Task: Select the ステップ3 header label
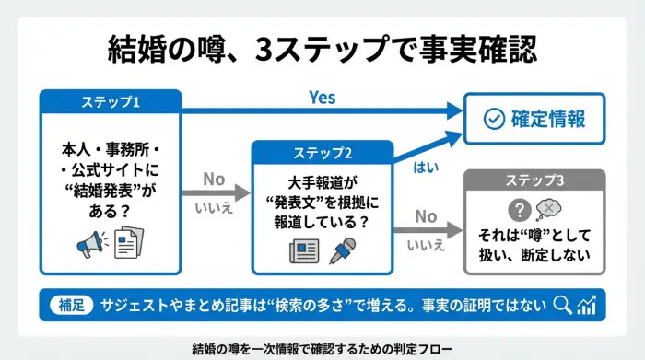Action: click(534, 180)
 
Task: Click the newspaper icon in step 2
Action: click(303, 250)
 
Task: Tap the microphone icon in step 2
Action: click(344, 250)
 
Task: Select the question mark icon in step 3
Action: click(519, 207)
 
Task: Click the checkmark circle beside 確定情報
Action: click(494, 119)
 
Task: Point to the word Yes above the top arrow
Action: click(322, 97)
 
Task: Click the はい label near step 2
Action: click(427, 168)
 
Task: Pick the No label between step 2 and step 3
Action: click(425, 216)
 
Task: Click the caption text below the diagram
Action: click(322, 348)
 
